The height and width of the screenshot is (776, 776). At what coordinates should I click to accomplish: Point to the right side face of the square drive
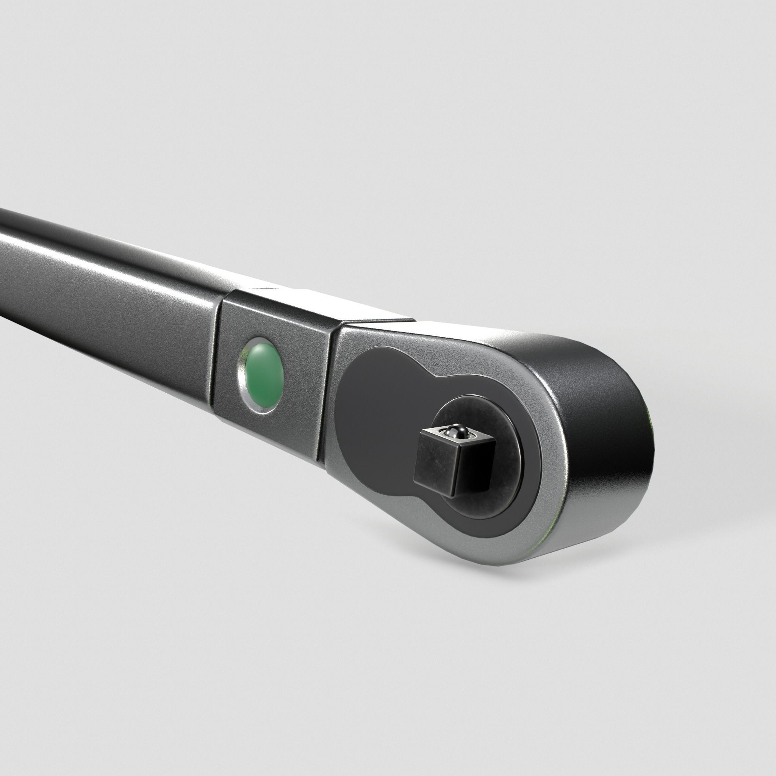474,466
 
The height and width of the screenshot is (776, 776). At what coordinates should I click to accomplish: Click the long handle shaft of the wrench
100,289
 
